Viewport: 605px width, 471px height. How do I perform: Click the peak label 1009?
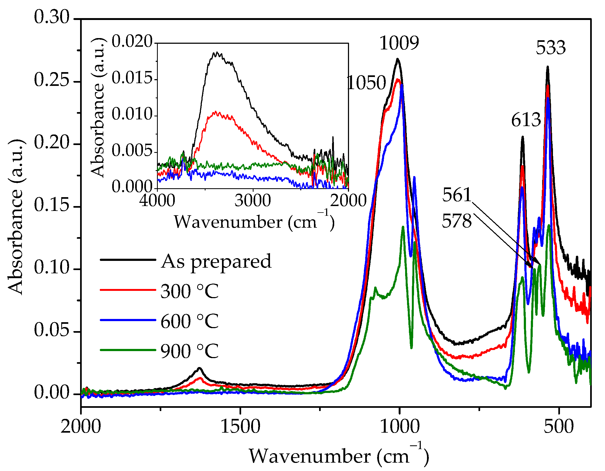(399, 43)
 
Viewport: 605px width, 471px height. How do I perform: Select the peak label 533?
(551, 48)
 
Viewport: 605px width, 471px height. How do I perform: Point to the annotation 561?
(457, 195)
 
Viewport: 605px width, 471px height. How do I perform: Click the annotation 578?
(457, 221)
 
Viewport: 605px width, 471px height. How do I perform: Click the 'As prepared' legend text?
(216, 261)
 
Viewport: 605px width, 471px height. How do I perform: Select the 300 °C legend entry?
(189, 291)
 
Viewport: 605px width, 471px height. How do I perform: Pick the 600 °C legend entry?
(189, 321)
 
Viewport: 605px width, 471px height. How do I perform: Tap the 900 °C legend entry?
(189, 351)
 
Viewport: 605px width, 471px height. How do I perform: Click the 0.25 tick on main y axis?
(52, 80)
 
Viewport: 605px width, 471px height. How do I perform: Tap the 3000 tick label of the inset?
(252, 201)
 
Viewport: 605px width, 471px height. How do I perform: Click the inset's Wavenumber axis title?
(254, 222)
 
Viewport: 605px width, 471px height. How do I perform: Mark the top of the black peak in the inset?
(217, 53)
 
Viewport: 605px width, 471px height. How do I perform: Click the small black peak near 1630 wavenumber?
(199, 369)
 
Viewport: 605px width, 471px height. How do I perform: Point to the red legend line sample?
(128, 290)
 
